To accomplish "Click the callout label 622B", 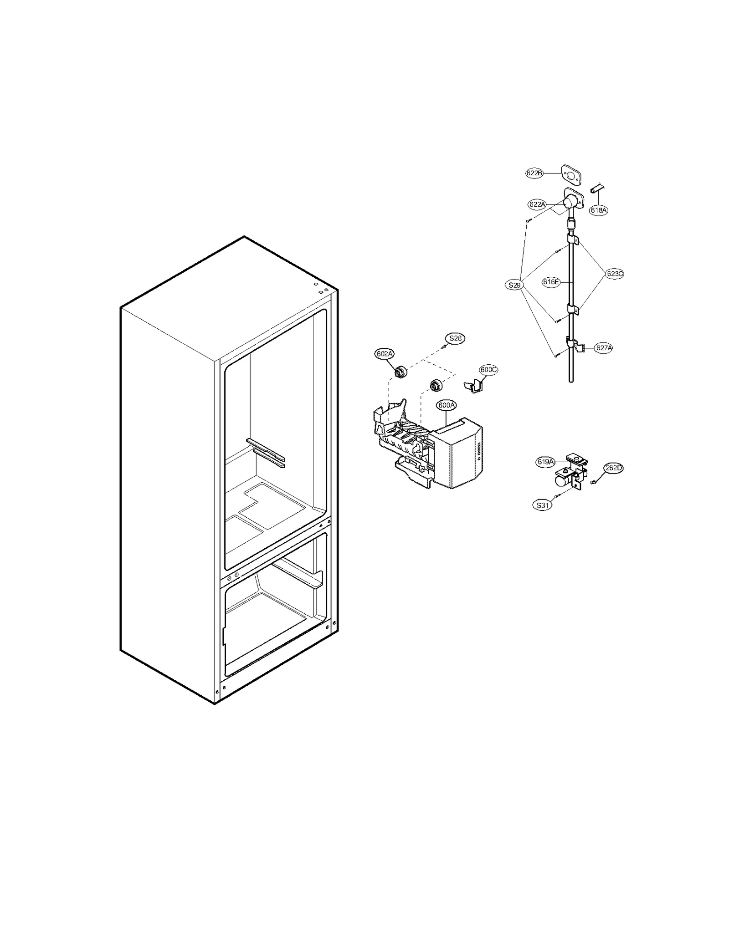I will click(x=534, y=173).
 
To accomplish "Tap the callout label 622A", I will click(x=537, y=204).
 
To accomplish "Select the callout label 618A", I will click(x=598, y=210).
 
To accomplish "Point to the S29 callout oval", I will click(x=514, y=285).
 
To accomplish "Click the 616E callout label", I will click(x=551, y=282).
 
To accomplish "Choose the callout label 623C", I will click(x=614, y=274).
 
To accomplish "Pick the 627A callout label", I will click(x=604, y=348).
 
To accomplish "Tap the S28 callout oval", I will click(x=455, y=338).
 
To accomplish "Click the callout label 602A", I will click(x=385, y=353).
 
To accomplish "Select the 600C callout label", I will click(x=488, y=370).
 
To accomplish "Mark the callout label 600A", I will click(x=446, y=405).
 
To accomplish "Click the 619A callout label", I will click(x=545, y=462).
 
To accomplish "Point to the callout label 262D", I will click(x=613, y=468).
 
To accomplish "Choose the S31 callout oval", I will click(x=542, y=505).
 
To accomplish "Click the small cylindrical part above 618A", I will click(x=596, y=188).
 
